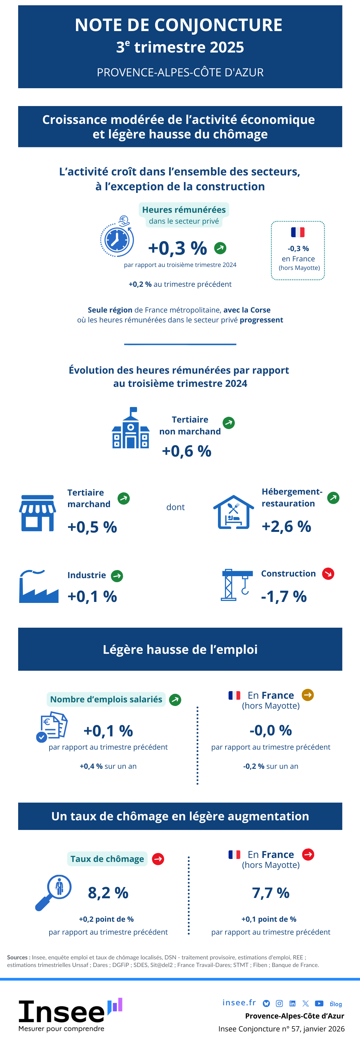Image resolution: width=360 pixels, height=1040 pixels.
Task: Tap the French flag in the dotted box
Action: [298, 232]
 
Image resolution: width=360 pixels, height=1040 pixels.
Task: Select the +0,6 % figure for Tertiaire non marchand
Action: [187, 451]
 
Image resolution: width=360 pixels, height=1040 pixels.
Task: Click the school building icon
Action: [131, 428]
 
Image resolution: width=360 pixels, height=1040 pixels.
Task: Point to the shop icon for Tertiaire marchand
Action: [38, 513]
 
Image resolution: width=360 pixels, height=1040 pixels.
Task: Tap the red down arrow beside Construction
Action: [328, 574]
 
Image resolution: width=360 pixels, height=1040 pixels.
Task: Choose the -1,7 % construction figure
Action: [284, 596]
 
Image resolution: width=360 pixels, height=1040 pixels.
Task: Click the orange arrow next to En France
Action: [307, 695]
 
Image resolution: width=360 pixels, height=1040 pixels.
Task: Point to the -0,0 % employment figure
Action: [270, 730]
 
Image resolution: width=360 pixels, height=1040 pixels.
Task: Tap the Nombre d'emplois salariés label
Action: [106, 699]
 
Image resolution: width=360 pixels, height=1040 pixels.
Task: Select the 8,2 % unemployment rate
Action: [108, 893]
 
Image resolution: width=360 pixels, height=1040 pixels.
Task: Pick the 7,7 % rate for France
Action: [270, 893]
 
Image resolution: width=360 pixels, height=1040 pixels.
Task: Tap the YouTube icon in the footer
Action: [319, 1003]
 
